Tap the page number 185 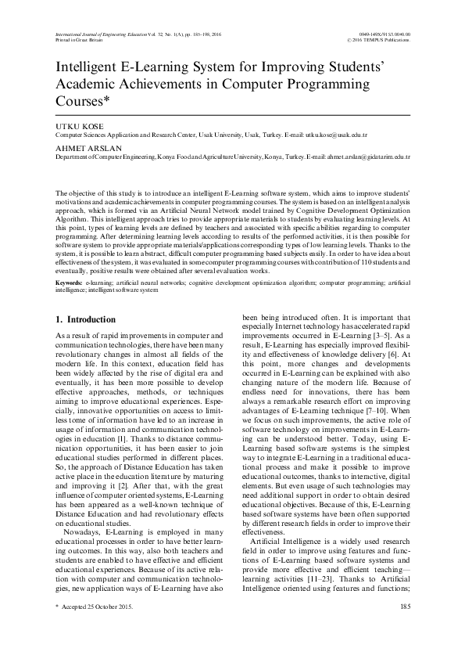coord(404,628)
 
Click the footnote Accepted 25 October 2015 coord(98,628)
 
